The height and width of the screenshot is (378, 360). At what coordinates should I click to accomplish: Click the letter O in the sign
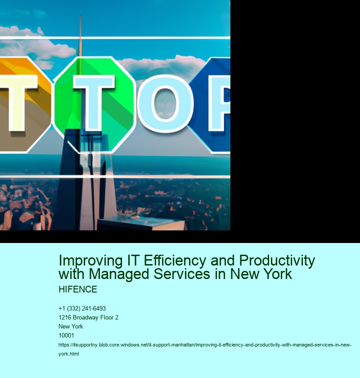(166, 103)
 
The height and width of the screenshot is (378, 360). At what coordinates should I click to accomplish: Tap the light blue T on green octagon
(94, 103)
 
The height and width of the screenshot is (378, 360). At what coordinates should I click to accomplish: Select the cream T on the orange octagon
(17, 103)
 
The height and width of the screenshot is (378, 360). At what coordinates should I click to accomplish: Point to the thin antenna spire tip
(81, 15)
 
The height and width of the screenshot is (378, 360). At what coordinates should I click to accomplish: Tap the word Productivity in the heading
(277, 261)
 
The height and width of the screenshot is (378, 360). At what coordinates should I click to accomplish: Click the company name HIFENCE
(78, 289)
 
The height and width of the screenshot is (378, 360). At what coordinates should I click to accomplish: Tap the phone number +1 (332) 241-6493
(82, 309)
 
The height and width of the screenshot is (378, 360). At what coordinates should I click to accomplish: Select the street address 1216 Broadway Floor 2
(89, 318)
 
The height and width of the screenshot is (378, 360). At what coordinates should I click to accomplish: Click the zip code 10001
(66, 335)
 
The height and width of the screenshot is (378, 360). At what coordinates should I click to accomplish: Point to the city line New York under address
(71, 326)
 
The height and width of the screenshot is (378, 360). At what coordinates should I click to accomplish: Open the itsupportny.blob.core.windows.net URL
(205, 349)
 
